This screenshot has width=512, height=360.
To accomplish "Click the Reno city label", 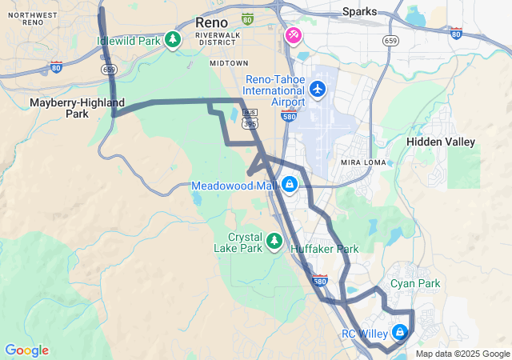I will pyautogui.click(x=211, y=22).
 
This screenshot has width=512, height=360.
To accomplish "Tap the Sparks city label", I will pyautogui.click(x=359, y=11).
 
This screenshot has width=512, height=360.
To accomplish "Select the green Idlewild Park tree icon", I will pyautogui.click(x=172, y=39).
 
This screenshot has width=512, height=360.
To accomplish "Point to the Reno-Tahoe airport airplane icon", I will pyautogui.click(x=318, y=88).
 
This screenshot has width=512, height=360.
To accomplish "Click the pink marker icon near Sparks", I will pyautogui.click(x=294, y=36).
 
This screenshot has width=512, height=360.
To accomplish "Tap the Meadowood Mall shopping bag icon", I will pyautogui.click(x=289, y=186).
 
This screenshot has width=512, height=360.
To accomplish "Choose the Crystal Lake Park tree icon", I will pyautogui.click(x=274, y=240).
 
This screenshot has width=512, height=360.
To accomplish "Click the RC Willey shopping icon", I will pyautogui.click(x=399, y=332).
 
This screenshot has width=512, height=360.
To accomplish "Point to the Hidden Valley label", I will pyautogui.click(x=441, y=142).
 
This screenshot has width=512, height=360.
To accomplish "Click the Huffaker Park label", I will pyautogui.click(x=324, y=250).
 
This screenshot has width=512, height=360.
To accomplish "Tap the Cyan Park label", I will pyautogui.click(x=415, y=284).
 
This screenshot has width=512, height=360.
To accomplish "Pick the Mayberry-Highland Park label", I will pyautogui.click(x=77, y=108).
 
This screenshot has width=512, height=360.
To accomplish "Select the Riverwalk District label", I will pyautogui.click(x=218, y=40).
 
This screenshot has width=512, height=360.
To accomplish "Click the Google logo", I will pyautogui.click(x=26, y=350).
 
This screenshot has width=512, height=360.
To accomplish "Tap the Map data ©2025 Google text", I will pyautogui.click(x=462, y=354).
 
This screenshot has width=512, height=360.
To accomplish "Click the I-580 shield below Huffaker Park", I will pyautogui.click(x=320, y=281).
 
